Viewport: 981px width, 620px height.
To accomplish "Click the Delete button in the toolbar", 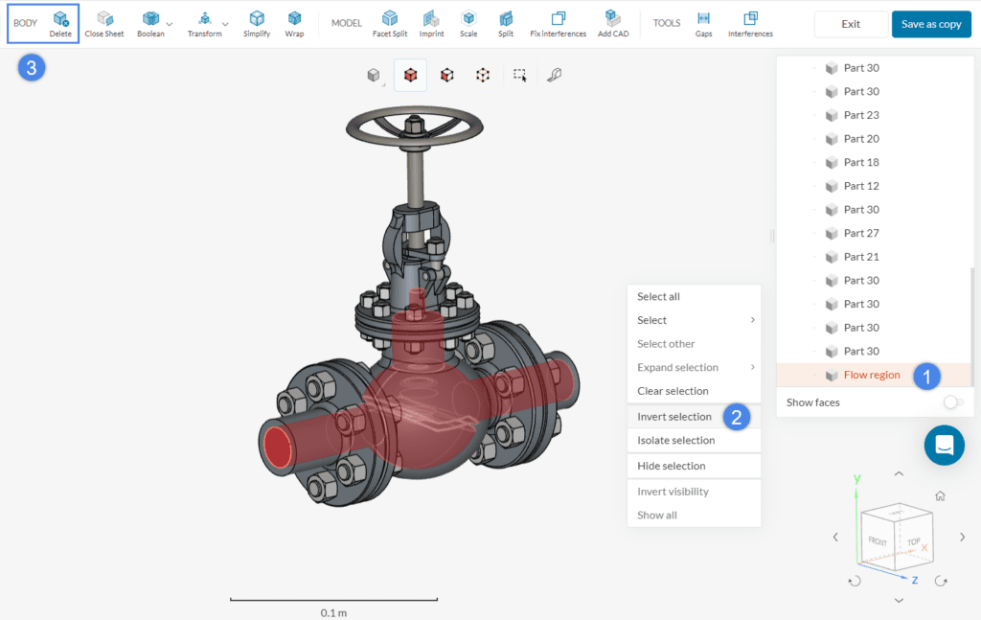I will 60,23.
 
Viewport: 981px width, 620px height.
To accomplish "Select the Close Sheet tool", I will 104,23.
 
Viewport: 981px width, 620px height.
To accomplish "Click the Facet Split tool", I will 389,23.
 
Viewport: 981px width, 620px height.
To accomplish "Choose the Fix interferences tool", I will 558,23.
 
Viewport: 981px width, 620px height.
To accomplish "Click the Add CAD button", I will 612,23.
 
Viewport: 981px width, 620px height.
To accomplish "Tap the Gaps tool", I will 703,23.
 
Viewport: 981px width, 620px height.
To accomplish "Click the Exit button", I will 850,24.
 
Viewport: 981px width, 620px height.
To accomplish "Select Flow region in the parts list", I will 871,375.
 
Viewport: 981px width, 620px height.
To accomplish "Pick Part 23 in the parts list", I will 860,115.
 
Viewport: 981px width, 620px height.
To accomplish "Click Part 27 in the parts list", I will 860,233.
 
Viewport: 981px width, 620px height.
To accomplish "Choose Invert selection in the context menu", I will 674,417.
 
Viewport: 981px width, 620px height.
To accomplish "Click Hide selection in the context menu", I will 671,466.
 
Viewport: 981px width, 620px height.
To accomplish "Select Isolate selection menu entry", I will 675,441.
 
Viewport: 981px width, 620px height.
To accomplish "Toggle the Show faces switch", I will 952,402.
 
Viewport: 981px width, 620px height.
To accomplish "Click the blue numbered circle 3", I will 33,68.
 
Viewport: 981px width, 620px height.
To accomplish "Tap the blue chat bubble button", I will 944,446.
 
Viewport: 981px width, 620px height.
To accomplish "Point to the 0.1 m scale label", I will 333,611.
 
